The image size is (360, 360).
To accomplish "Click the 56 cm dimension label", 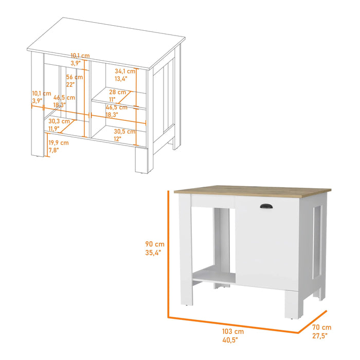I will [x=75, y=77].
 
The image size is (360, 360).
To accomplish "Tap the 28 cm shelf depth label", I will [x=117, y=92].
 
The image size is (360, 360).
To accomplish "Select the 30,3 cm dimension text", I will [x=59, y=122].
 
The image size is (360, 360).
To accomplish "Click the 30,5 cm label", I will [x=123, y=131].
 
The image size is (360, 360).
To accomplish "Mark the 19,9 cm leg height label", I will [x=58, y=142].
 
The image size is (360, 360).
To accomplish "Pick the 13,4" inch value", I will [x=121, y=79].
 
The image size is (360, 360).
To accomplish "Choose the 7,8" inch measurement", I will [x=53, y=150].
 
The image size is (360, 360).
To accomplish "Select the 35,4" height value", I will [x=154, y=253].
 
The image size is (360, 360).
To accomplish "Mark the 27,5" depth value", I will [x=320, y=335].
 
